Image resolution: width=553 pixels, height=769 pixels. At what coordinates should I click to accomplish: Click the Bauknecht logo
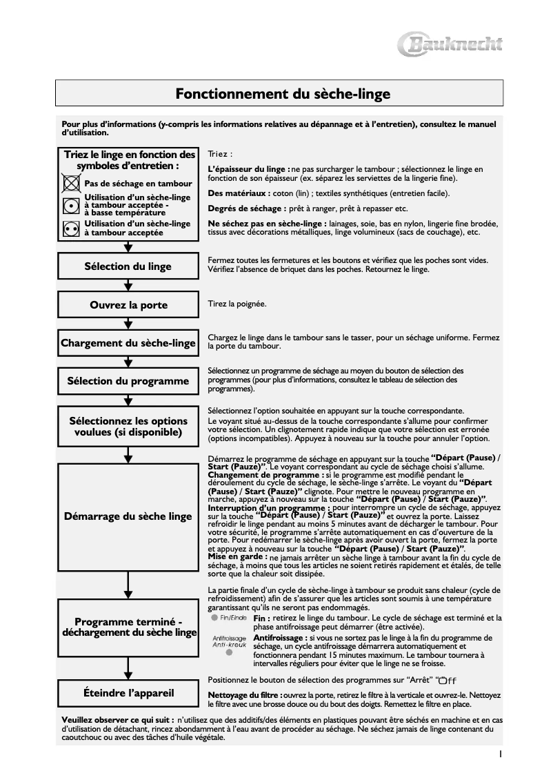[x=452, y=46]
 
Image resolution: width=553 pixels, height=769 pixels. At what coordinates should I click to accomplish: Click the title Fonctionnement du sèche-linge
[x=282, y=93]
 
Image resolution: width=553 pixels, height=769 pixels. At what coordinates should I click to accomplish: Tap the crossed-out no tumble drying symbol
[x=70, y=184]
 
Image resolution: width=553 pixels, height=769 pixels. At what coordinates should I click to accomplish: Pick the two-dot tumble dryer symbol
[x=70, y=228]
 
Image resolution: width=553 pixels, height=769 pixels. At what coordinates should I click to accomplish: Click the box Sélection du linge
[x=128, y=267]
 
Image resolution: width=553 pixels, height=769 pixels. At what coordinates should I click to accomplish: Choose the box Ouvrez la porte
[x=128, y=305]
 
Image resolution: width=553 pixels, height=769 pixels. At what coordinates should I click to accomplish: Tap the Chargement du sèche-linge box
[x=128, y=343]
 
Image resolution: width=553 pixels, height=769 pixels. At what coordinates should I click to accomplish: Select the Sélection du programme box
[x=128, y=380]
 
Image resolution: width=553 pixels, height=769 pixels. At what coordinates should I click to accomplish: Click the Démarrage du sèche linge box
[x=128, y=516]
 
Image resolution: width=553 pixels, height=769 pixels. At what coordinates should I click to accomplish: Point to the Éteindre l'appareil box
[x=128, y=692]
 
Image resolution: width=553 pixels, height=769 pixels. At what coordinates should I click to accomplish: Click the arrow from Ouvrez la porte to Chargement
[x=128, y=324]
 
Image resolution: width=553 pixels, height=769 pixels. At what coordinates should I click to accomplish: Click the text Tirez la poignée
[x=237, y=304]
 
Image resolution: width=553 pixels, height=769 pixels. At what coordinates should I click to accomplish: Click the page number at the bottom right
[x=500, y=755]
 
